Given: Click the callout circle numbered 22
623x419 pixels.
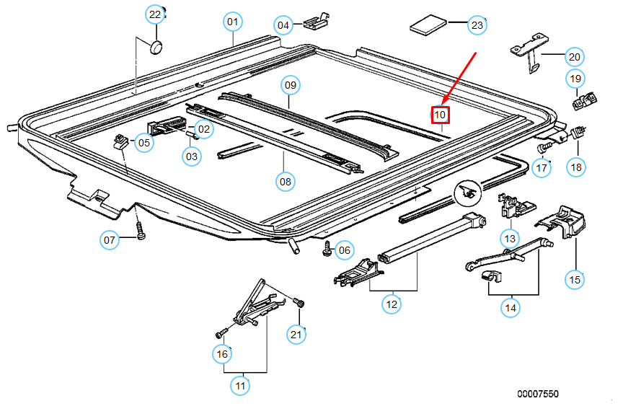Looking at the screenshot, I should pyautogui.click(x=155, y=14).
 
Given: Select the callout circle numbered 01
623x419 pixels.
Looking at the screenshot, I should pyautogui.click(x=232, y=22).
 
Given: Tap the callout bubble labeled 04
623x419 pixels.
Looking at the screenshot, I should pyautogui.click(x=283, y=25).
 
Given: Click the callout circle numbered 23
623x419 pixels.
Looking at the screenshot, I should pyautogui.click(x=477, y=25).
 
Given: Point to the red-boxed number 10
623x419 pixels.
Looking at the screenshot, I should pyautogui.click(x=441, y=114).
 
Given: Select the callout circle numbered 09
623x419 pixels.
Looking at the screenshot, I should pyautogui.click(x=291, y=86).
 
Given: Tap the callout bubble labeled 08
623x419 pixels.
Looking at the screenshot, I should pyautogui.click(x=286, y=182).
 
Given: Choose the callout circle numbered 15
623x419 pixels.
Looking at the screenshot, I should pyautogui.click(x=575, y=279).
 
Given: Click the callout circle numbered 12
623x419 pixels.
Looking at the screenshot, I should pyautogui.click(x=392, y=304).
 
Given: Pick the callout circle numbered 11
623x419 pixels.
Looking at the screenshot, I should pyautogui.click(x=241, y=386).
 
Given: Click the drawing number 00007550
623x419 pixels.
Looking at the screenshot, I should pyautogui.click(x=537, y=394).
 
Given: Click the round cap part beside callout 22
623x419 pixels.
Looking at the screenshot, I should pyautogui.click(x=155, y=47).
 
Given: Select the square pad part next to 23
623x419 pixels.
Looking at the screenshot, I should pyautogui.click(x=428, y=27).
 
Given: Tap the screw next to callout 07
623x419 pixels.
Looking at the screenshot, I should pyautogui.click(x=140, y=231).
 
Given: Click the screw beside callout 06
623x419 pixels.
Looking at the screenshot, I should pyautogui.click(x=327, y=248).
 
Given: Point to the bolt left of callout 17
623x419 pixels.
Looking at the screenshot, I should pyautogui.click(x=543, y=146).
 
